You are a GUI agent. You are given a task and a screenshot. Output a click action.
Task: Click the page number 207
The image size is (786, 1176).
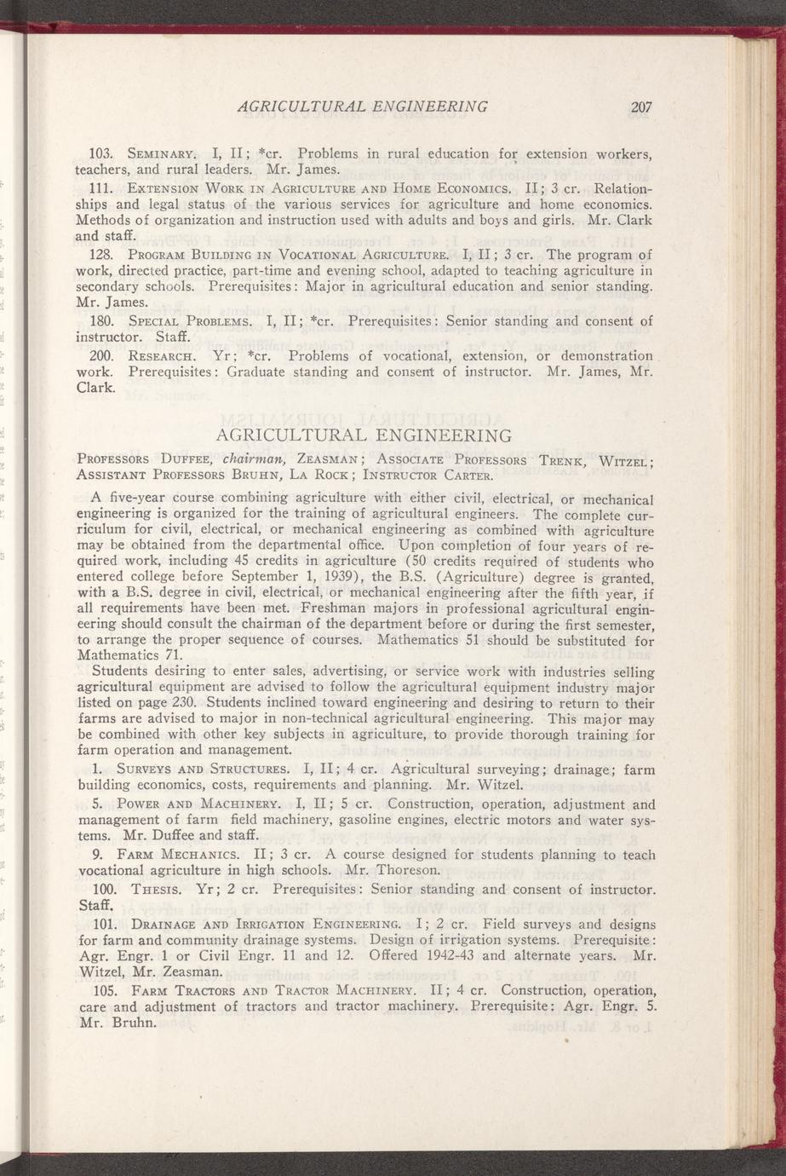point(641,107)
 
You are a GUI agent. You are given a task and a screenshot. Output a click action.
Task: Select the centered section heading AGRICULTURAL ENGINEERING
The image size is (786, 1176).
point(364,435)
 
